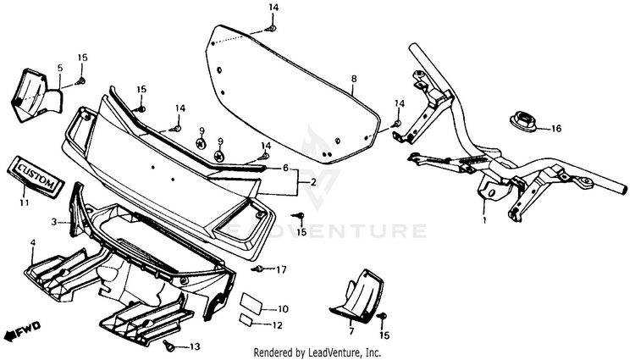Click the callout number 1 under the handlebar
484,220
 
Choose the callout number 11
24,204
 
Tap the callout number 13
195,347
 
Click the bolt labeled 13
169,346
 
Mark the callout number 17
282,269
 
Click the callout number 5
60,67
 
